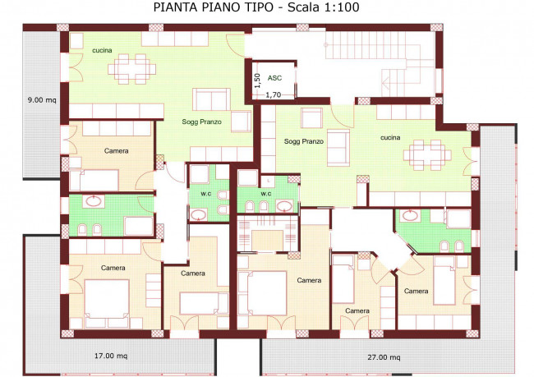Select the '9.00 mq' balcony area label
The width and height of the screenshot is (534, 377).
tap(40, 100)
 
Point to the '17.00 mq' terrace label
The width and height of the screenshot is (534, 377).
tap(110, 356)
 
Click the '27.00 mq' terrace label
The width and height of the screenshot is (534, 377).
tap(384, 357)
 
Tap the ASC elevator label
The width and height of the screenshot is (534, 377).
tap(274, 78)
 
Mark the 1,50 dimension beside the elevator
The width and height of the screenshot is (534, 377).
tap(256, 80)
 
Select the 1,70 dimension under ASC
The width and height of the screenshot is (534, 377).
tap(273, 94)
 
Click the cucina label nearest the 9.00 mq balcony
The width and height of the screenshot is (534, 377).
tap(102, 50)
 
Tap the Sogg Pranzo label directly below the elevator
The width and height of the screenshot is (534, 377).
tap(304, 141)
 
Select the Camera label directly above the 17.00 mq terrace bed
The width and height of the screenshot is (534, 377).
tap(113, 268)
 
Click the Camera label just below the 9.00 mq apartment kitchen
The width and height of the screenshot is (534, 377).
tap(116, 151)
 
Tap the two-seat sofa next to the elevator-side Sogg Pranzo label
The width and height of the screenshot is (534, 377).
tap(338, 143)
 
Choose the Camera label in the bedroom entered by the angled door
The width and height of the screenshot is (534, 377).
tap(416, 291)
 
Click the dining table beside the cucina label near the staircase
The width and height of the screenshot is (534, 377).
tap(426, 153)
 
